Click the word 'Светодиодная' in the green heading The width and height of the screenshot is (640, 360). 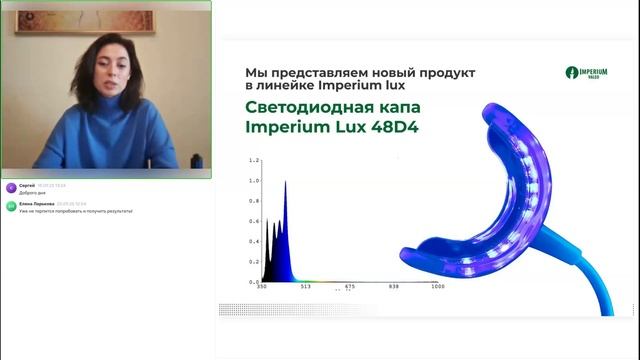(300, 106)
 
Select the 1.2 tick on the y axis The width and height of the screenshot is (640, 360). (254, 160)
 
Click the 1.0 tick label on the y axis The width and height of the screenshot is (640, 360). (254, 181)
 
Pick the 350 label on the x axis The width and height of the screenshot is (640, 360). (261, 286)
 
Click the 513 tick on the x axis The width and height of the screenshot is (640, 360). (306, 286)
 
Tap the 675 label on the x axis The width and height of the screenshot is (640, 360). (350, 286)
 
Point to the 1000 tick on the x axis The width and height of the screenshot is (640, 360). (438, 286)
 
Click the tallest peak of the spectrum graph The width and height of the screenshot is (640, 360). (286, 183)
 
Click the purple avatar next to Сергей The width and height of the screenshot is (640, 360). (11, 187)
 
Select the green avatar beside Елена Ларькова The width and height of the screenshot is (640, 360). (11, 205)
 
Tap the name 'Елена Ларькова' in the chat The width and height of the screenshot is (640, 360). (37, 202)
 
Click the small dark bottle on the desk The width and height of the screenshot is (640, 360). (196, 160)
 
